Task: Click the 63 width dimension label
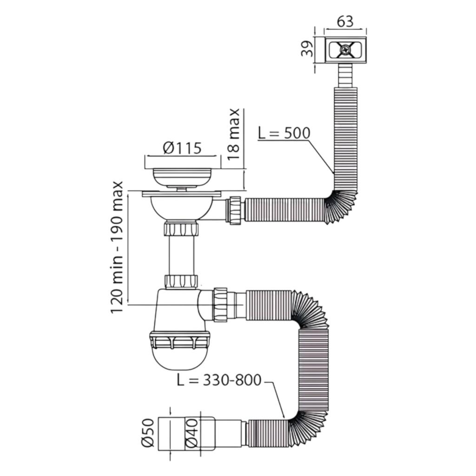tap(345, 21)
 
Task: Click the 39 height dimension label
tap(307, 48)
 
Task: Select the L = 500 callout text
tap(284, 133)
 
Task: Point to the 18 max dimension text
tap(233, 134)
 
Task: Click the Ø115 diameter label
tap(182, 148)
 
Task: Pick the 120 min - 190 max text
tap(117, 247)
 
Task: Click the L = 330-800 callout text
tap(219, 380)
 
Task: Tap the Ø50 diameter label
tap(148, 433)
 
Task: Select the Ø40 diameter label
tap(192, 433)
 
